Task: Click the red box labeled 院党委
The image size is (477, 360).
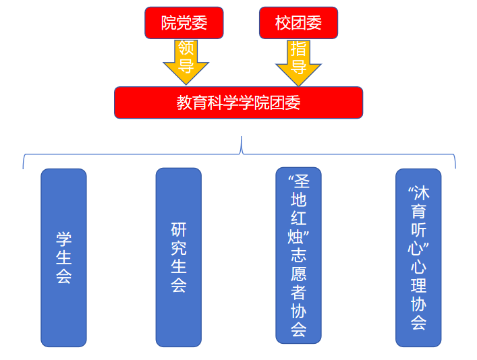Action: [x=184, y=23]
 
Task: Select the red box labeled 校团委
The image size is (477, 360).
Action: [x=298, y=23]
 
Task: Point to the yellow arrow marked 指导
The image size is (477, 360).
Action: [x=298, y=61]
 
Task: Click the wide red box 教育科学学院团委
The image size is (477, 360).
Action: [x=238, y=102]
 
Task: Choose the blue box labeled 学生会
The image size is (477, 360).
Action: [x=63, y=258]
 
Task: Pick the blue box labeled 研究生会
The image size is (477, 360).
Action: [x=179, y=258]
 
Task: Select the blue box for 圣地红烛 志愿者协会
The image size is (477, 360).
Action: [x=298, y=256]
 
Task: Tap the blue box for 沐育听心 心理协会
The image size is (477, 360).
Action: [x=418, y=258]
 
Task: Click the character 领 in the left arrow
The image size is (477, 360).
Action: [x=186, y=49]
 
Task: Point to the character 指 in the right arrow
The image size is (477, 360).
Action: [x=298, y=49]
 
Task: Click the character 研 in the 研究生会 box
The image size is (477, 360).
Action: [x=179, y=231]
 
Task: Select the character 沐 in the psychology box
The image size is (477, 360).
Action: [x=422, y=193]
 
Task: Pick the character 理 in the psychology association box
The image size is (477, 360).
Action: [x=418, y=285]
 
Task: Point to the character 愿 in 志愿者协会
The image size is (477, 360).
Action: [x=298, y=274]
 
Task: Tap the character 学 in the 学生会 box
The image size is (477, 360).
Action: [x=63, y=239]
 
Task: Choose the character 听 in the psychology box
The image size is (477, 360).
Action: [x=418, y=229]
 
